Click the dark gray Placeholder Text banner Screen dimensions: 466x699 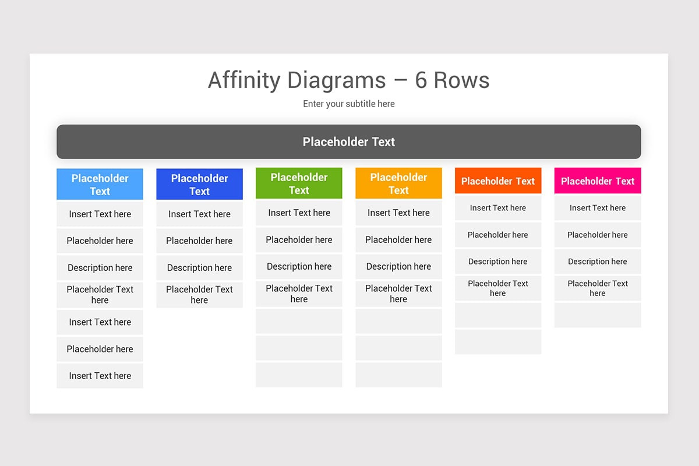click(348, 142)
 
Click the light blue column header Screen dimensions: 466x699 click(100, 184)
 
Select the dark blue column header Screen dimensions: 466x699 click(199, 184)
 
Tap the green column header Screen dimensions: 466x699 click(299, 183)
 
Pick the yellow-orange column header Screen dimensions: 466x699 click(398, 183)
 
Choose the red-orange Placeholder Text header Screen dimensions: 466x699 click(498, 181)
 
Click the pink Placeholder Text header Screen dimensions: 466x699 click(598, 181)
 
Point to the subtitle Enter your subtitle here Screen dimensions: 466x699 click(348, 104)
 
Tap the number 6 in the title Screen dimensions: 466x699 click(421, 80)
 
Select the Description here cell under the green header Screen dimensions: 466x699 click(299, 266)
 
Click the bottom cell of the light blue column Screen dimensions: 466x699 click(100, 376)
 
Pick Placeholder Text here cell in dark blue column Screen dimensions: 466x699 click(199, 294)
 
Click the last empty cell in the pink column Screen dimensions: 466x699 click(598, 315)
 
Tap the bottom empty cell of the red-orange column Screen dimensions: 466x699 click(498, 342)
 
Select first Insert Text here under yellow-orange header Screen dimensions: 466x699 click(398, 213)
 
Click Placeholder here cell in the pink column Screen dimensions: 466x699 click(598, 235)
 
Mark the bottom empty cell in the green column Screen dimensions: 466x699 click(299, 375)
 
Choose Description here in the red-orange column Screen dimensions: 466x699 click(498, 262)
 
